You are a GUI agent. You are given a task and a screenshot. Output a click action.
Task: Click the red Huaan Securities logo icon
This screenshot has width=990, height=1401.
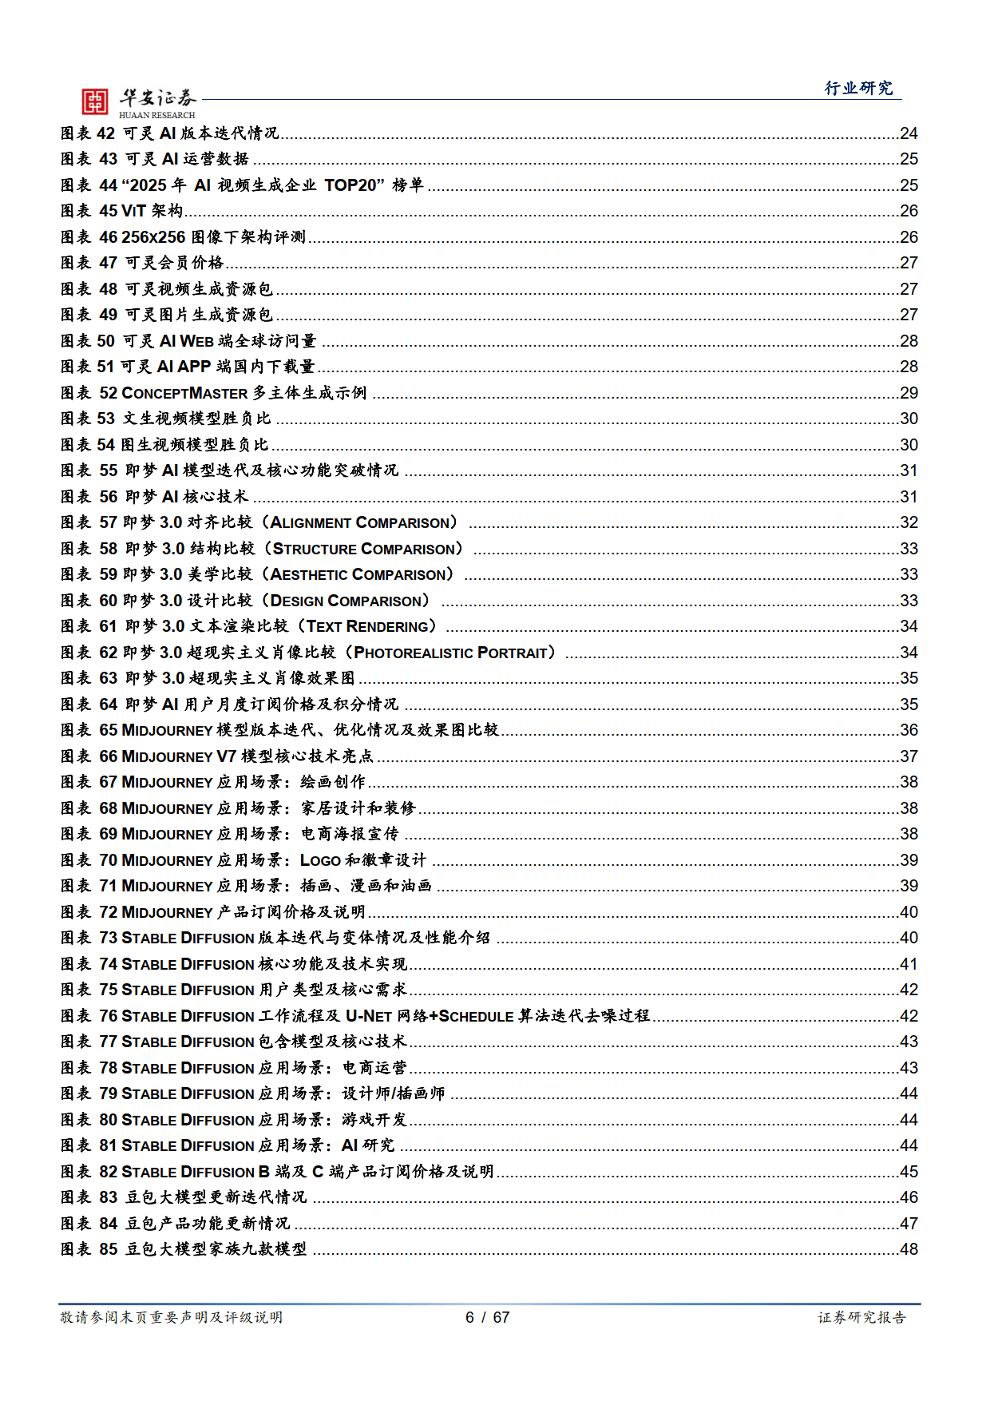click(94, 101)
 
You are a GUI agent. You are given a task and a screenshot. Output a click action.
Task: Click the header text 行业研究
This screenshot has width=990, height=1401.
click(858, 88)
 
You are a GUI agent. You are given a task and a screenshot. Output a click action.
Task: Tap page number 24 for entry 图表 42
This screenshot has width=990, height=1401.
click(909, 133)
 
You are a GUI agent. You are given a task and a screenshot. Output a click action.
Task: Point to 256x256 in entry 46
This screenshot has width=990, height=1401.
click(153, 237)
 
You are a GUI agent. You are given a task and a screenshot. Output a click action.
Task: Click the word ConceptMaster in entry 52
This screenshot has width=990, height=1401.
click(184, 393)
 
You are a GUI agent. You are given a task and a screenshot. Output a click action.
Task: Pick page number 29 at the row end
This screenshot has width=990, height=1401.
click(909, 393)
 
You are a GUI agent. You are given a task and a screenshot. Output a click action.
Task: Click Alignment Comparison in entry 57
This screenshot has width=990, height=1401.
click(360, 522)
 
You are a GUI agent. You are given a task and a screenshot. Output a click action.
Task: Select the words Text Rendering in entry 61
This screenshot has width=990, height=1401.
click(368, 626)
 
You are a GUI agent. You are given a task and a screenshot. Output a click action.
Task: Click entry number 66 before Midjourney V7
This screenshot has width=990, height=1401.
click(109, 756)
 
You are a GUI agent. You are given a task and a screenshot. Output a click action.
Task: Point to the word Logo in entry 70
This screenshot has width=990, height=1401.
click(320, 860)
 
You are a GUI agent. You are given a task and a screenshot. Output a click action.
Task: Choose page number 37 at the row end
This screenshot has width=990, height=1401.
click(909, 756)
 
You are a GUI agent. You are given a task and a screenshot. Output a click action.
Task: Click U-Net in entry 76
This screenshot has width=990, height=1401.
click(368, 1016)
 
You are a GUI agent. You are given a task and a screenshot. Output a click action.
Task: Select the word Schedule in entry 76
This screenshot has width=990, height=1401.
click(476, 1016)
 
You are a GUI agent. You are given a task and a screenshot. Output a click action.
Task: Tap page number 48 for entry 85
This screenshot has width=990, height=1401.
click(909, 1249)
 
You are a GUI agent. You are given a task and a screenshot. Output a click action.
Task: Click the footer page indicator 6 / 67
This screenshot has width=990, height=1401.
click(487, 1317)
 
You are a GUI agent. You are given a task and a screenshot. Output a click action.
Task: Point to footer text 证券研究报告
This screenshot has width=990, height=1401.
click(861, 1317)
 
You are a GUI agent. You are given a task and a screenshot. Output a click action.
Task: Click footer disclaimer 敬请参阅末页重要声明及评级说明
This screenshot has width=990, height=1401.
click(171, 1317)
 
